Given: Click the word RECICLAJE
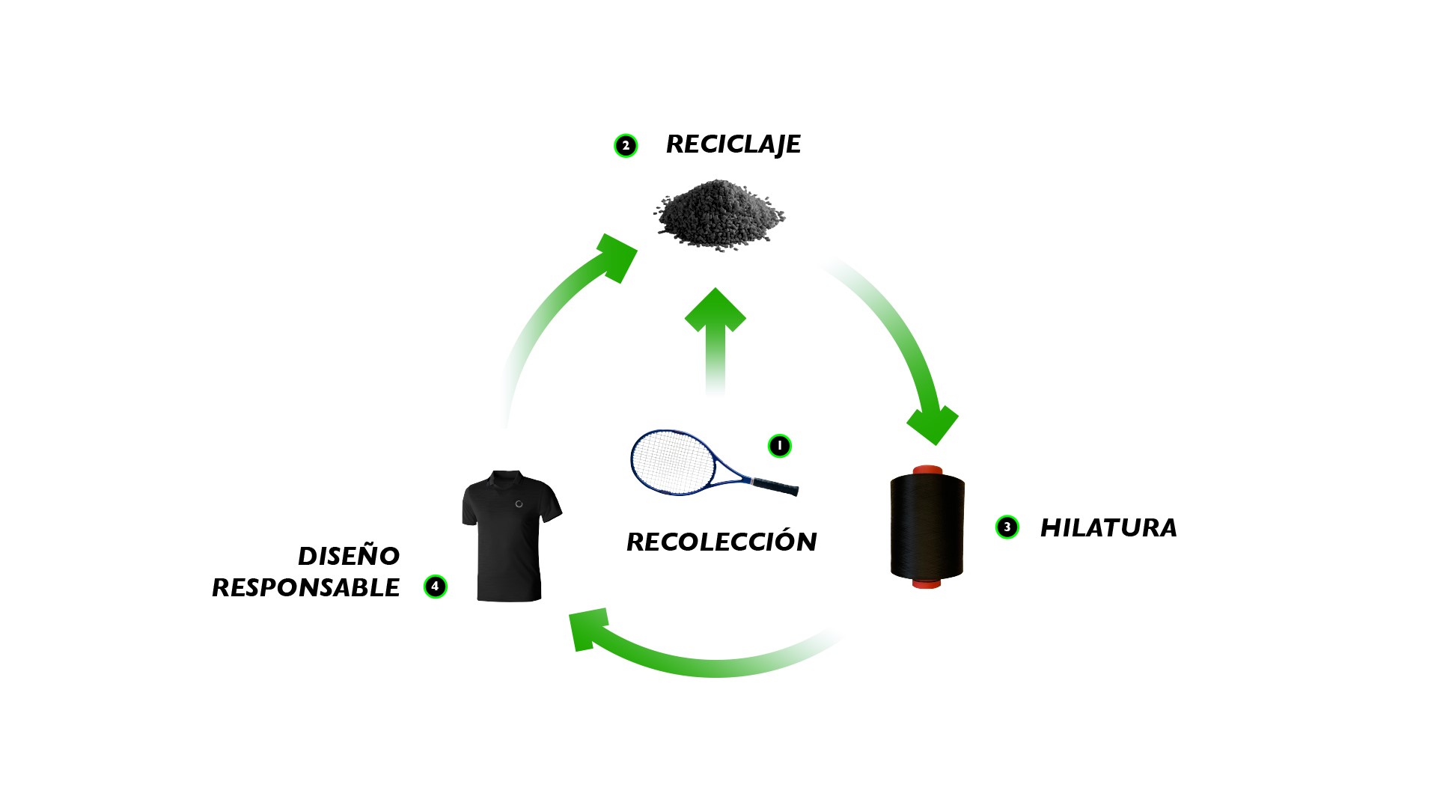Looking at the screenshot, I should click(733, 144).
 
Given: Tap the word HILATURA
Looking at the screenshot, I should click(1108, 527).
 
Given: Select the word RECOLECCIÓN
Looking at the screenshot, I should click(721, 542).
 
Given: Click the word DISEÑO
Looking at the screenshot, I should click(349, 556).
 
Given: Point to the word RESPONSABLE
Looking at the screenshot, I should click(305, 588).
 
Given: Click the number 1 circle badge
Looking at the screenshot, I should click(779, 446).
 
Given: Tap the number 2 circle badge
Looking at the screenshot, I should click(626, 146).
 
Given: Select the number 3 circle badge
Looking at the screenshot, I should click(1007, 527).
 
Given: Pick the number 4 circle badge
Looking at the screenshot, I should click(435, 587).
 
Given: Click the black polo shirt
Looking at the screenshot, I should click(509, 539).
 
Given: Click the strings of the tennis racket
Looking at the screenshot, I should click(670, 460).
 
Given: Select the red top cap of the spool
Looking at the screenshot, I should click(927, 470).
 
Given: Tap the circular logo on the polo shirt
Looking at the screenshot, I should click(519, 504).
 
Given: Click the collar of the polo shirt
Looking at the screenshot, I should click(507, 477).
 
